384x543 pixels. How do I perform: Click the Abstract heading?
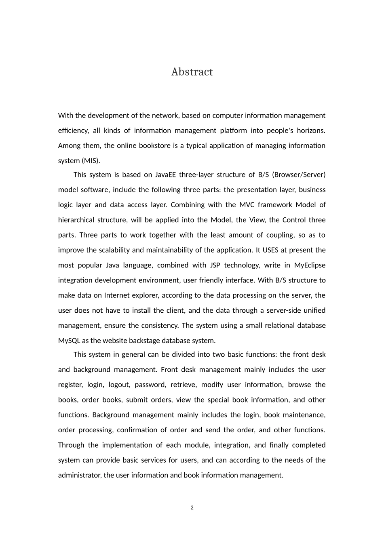pos(192,72)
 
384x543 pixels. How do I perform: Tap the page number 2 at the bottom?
pos(192,508)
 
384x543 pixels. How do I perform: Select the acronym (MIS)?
pos(91,161)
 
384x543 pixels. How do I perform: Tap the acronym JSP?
pos(214,265)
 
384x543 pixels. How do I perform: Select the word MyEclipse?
pos(310,265)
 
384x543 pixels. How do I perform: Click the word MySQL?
pos(69,341)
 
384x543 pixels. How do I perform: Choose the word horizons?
pos(311,130)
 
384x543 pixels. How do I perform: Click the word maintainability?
pos(169,250)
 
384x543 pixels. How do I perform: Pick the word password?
pos(150,385)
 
